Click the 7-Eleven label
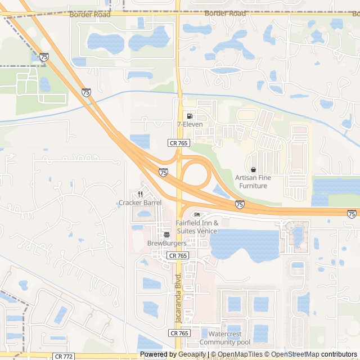(190, 124)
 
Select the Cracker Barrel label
(140, 202)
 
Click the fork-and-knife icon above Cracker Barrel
(140, 194)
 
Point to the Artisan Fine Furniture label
(253, 182)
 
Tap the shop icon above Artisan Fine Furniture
(253, 169)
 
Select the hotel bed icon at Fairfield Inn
(196, 215)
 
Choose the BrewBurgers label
(166, 243)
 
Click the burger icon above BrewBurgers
(166, 235)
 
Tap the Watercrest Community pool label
(225, 338)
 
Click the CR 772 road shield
(64, 356)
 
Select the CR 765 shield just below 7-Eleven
(178, 143)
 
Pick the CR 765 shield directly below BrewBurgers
(178, 255)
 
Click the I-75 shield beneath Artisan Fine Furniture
(240, 204)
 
